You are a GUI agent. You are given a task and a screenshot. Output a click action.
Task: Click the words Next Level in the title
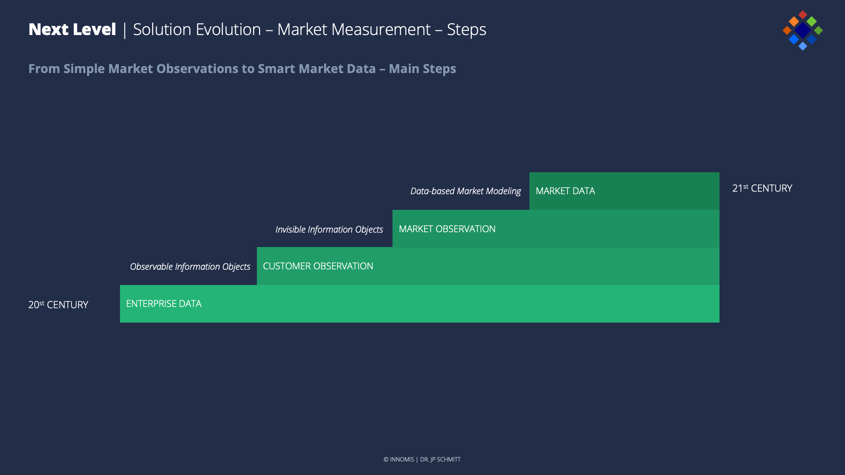(72, 30)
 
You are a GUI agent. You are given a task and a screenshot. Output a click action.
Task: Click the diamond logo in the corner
(802, 30)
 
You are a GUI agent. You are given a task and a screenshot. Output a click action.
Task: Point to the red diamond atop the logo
(803, 15)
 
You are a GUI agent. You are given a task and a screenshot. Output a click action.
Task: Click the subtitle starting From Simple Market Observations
(242, 69)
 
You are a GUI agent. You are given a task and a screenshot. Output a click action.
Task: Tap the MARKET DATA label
(565, 191)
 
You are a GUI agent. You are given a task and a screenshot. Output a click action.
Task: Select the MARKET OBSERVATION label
(447, 229)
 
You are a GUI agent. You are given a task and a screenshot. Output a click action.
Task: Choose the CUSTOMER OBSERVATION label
(318, 266)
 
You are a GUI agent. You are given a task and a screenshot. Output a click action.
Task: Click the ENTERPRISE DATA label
(164, 304)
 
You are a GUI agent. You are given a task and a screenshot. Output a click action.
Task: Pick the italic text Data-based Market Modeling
(466, 191)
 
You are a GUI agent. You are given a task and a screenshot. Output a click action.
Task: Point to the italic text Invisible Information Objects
(329, 230)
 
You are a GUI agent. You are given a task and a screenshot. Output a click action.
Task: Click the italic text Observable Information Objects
(190, 267)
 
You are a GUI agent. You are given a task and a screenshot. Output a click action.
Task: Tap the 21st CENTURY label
(762, 188)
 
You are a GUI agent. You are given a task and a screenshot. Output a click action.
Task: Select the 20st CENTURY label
(58, 304)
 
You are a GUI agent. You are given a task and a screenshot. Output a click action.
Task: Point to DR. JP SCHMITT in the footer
(440, 459)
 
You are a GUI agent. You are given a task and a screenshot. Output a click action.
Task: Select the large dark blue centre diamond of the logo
(802, 30)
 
